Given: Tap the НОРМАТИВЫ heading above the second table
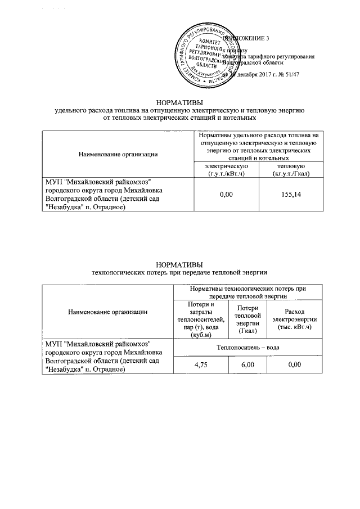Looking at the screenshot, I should click(x=179, y=265).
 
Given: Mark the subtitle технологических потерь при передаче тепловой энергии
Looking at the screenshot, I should click(x=179, y=273).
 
